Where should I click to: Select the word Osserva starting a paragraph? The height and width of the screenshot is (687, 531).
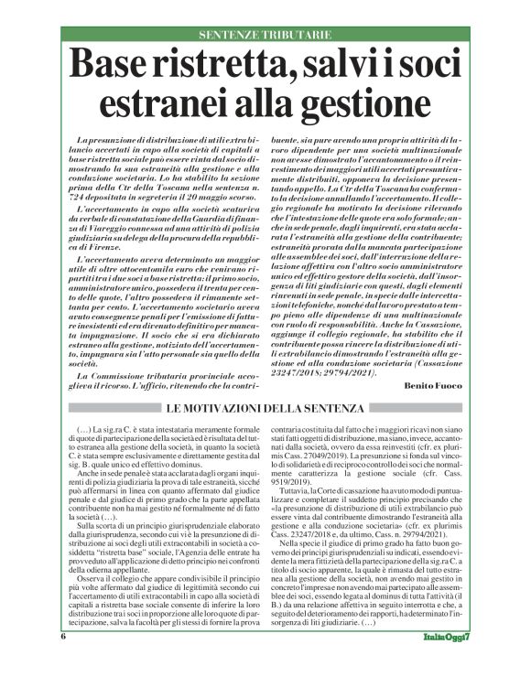coord(94,575)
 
